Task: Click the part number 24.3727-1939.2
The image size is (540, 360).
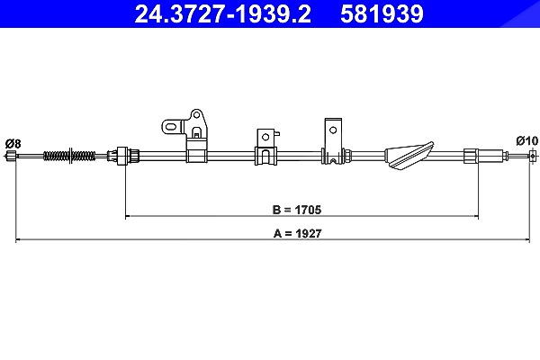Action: pyautogui.click(x=223, y=14)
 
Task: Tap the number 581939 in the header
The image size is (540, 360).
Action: pyautogui.click(x=382, y=14)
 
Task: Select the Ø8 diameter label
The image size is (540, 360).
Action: pyautogui.click(x=13, y=143)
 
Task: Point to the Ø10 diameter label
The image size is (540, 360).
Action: pyautogui.click(x=526, y=140)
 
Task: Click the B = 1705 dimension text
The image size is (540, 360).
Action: pyautogui.click(x=296, y=210)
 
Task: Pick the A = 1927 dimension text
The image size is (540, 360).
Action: pyautogui.click(x=298, y=233)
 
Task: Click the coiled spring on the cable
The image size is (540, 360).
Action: pyautogui.click(x=69, y=156)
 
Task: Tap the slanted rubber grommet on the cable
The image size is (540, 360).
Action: pyautogui.click(x=409, y=155)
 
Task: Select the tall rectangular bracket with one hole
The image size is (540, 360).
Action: pyautogui.click(x=333, y=141)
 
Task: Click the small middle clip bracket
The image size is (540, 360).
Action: pyautogui.click(x=265, y=147)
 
